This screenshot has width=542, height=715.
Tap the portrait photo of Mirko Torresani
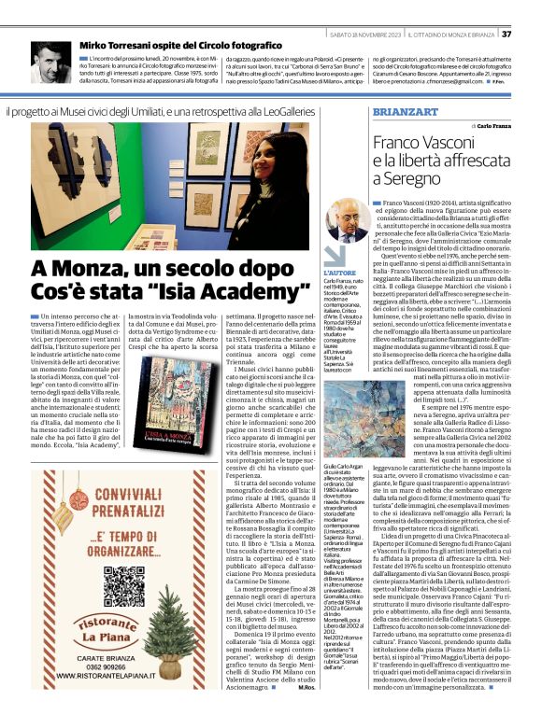click(x=50, y=63)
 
